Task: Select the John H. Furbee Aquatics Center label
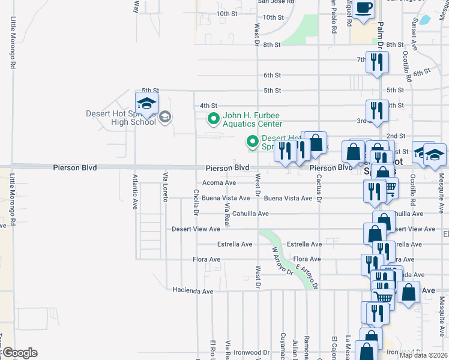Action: pyautogui.click(x=252, y=120)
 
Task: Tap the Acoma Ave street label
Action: pyautogui.click(x=219, y=183)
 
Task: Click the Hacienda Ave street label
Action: pyautogui.click(x=193, y=291)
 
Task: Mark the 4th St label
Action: pyautogui.click(x=208, y=106)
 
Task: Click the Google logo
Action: pyautogui.click(x=19, y=353)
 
